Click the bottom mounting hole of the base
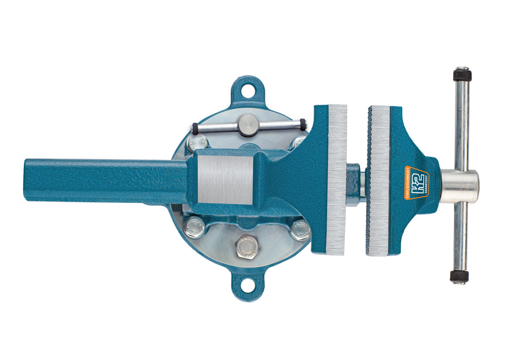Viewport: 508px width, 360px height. [249, 286]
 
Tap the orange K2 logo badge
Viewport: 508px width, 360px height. [417, 182]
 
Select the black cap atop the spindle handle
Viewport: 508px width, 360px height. [462, 75]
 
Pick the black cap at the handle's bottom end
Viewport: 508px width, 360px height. [459, 277]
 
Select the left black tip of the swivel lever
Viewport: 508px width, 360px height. [195, 127]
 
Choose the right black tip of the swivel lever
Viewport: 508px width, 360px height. [303, 123]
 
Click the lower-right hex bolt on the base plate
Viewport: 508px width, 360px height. [301, 230]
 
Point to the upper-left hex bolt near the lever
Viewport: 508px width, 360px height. [196, 143]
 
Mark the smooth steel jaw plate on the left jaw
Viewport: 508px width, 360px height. [337, 180]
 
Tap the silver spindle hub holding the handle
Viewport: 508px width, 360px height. [460, 186]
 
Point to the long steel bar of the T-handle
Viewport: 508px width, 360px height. [461, 127]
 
